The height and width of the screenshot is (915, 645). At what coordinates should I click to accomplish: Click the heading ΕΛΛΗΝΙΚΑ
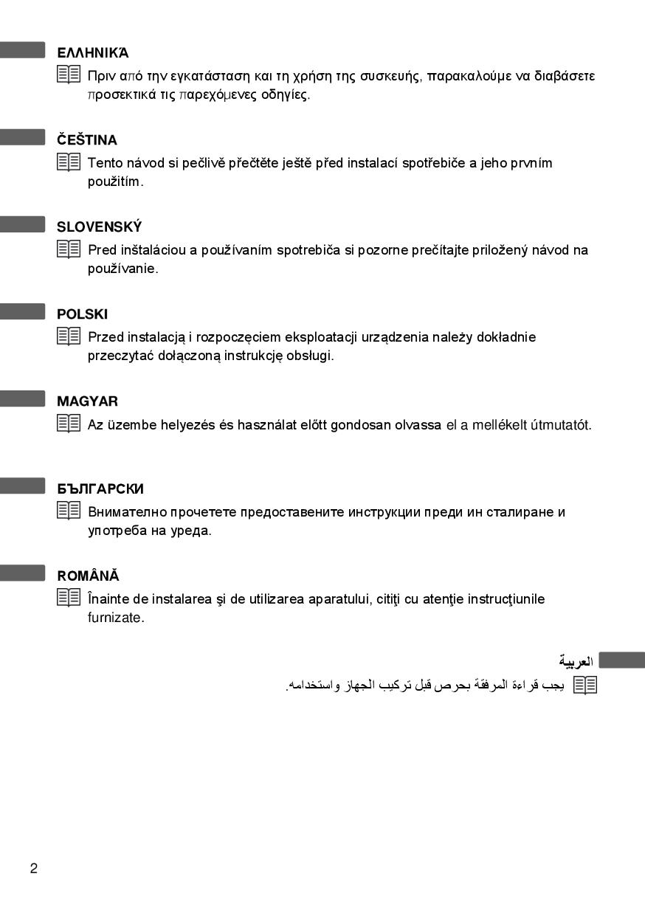tap(93, 53)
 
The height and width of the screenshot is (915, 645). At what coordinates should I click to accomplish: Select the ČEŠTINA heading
tap(87, 140)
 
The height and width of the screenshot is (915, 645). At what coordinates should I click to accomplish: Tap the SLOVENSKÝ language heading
tap(100, 227)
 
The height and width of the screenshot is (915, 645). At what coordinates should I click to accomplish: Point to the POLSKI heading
tap(83, 314)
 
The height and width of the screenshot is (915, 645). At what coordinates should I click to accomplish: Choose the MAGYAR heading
tap(87, 401)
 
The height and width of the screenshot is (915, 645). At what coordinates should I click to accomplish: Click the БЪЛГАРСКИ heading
tap(100, 488)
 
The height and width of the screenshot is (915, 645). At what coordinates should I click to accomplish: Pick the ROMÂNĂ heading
tap(88, 576)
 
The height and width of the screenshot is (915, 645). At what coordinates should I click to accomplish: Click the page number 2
tap(34, 869)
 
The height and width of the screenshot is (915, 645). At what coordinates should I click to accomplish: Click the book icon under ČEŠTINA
tap(69, 162)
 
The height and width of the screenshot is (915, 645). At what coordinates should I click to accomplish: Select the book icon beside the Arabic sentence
tap(585, 685)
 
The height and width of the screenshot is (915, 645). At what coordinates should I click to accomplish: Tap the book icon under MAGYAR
tap(69, 424)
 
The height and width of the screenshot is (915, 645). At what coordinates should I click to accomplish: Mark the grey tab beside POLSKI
tap(23, 312)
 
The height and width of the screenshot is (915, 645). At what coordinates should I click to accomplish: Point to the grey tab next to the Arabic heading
tap(621, 660)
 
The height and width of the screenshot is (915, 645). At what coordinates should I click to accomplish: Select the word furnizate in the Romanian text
tap(116, 618)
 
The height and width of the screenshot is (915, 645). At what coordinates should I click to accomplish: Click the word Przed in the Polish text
tap(106, 337)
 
